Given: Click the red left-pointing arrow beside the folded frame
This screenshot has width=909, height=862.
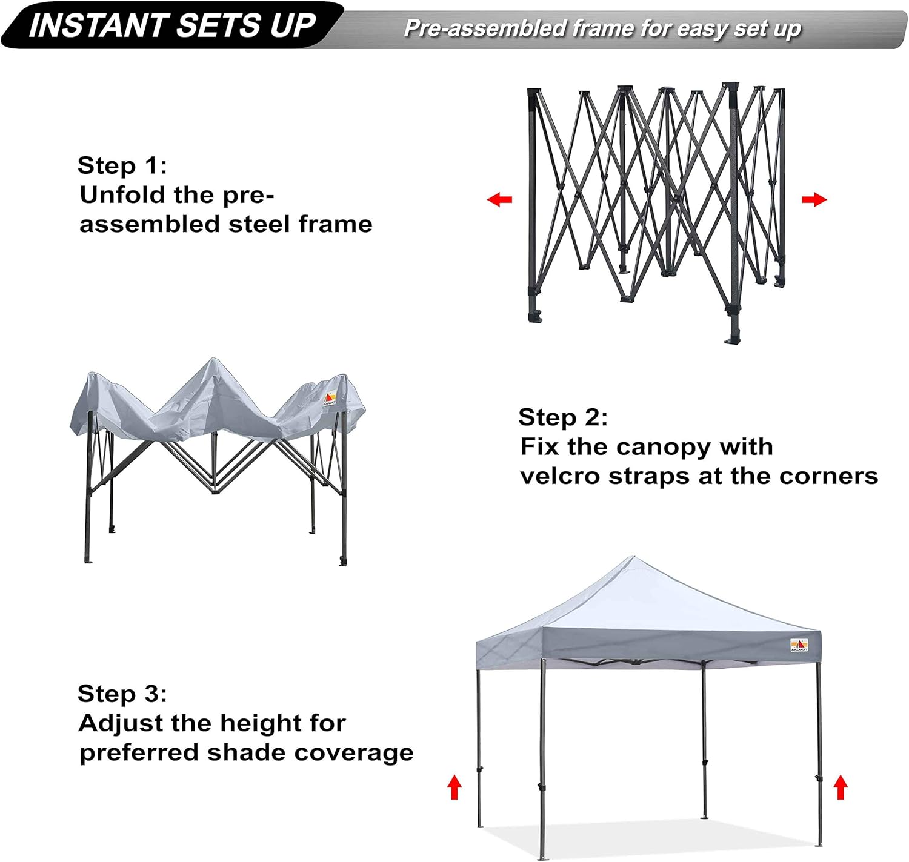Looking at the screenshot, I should tap(500, 199).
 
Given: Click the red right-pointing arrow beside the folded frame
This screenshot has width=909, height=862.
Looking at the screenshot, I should tap(814, 199).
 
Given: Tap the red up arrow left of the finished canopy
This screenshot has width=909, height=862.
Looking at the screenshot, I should tap(454, 787).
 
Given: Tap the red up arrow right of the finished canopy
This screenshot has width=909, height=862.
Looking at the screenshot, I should tap(840, 787).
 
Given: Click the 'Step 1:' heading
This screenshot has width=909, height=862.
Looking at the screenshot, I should tap(122, 165).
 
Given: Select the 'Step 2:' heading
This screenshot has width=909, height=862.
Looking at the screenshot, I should tap(562, 417).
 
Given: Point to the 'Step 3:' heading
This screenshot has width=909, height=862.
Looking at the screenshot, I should tap(122, 694).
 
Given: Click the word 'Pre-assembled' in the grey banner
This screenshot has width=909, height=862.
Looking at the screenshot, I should tap(485, 28).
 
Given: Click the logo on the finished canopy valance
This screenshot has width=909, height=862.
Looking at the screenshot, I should tap(799, 645).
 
